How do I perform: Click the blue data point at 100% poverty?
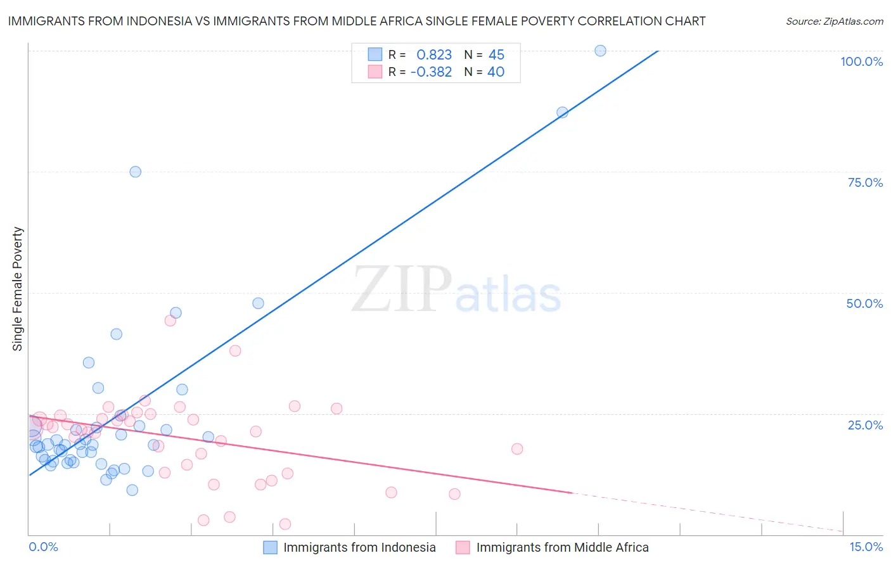click(600, 51)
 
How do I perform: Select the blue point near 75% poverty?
click(135, 172)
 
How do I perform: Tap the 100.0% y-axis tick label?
click(861, 61)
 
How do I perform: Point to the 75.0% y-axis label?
click(865, 182)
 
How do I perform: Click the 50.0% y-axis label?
click(864, 303)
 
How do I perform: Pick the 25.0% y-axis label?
click(865, 424)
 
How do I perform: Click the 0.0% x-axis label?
click(43, 547)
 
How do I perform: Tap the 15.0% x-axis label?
click(866, 547)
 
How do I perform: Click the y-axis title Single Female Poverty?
click(18, 289)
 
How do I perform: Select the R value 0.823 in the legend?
click(434, 55)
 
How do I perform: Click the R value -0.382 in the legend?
click(431, 72)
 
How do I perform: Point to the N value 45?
click(496, 55)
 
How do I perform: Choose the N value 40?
click(496, 72)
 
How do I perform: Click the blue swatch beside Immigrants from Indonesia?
click(271, 547)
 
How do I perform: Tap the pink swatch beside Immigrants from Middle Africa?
click(463, 547)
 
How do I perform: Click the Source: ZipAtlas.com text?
click(834, 22)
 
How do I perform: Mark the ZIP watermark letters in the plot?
click(402, 290)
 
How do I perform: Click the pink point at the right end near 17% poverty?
click(517, 448)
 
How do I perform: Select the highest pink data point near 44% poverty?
click(170, 321)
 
